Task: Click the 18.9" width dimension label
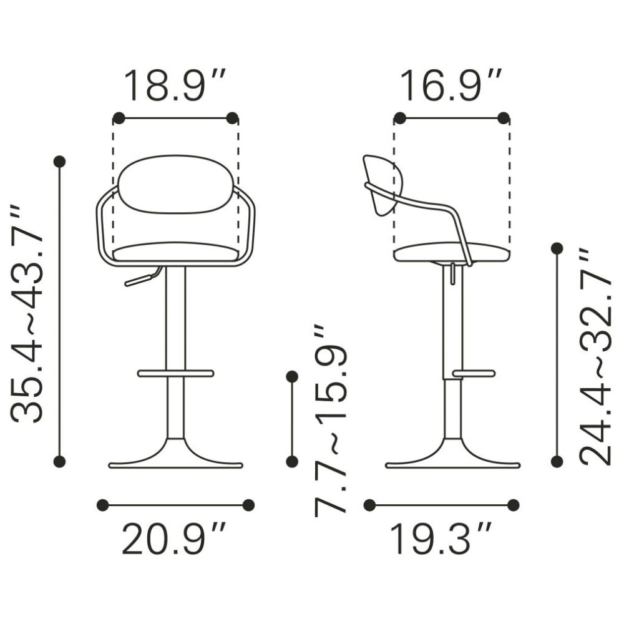tap(175, 85)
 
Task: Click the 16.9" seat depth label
tap(451, 85)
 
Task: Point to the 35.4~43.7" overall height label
tap(26, 314)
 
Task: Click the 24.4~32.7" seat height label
tap(595, 357)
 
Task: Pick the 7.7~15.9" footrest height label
tap(331, 421)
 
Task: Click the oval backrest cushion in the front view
tap(175, 184)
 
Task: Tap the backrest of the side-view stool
tap(383, 185)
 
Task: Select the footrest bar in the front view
tap(175, 373)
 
